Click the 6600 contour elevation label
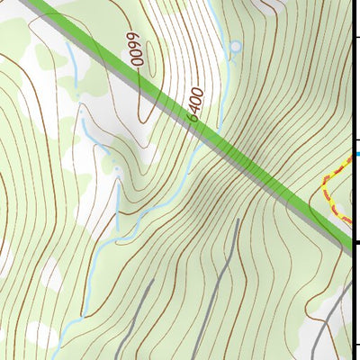click(x=136, y=50)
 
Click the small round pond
click(x=236, y=46)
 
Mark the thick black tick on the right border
click(x=355, y=242)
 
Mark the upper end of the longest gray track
click(x=238, y=220)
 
